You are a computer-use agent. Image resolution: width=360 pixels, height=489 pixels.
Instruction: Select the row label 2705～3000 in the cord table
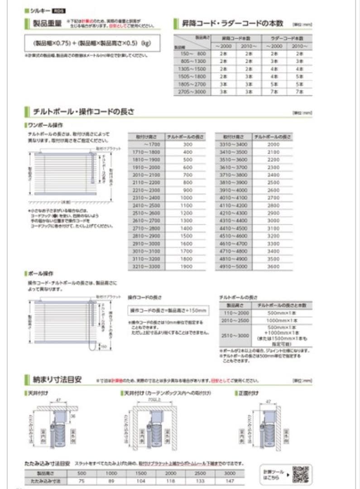[190, 91]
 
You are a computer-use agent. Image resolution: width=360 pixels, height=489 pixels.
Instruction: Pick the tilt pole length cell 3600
[273, 267]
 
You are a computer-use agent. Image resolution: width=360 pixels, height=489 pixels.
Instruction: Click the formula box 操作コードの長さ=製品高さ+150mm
[168, 311]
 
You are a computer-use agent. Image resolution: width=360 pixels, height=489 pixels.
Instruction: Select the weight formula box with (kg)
[92, 44]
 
